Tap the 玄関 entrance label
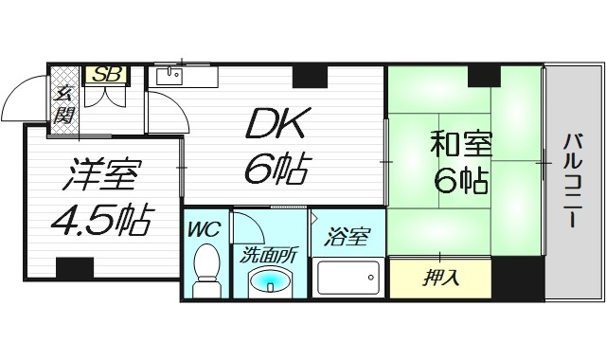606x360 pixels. [x=64, y=104]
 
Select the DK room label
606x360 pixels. [x=275, y=123]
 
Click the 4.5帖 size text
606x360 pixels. [x=98, y=219]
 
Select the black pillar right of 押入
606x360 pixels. [x=518, y=279]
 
